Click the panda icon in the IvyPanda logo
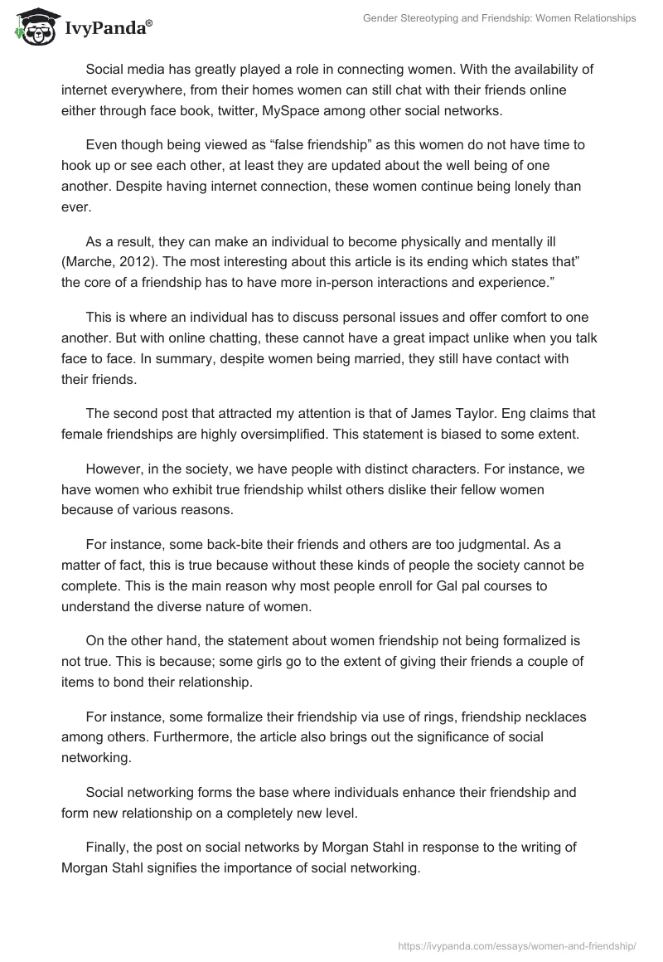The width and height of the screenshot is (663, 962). [31, 27]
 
